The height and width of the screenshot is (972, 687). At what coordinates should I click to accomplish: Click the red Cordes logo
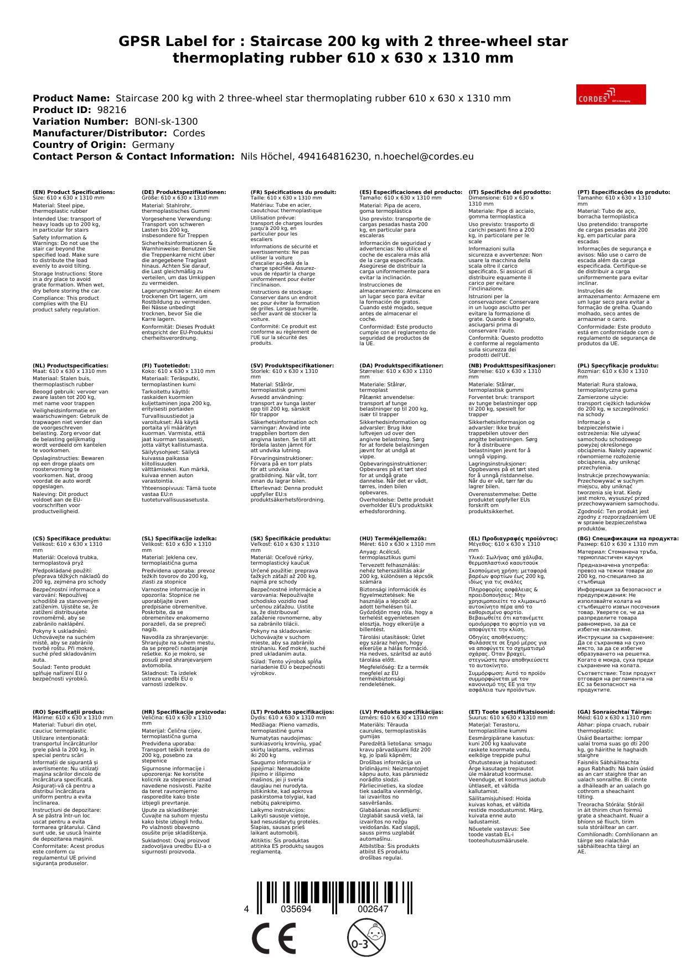611,94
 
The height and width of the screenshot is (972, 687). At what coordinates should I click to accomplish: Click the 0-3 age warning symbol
366,938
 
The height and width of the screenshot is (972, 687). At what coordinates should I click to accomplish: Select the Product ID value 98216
111,110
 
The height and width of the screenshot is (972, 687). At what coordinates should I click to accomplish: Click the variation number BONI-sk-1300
166,121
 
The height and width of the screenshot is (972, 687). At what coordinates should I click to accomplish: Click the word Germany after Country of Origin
153,145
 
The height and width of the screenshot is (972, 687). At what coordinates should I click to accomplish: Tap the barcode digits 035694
296,909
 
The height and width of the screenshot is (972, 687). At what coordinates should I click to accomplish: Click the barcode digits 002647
373,909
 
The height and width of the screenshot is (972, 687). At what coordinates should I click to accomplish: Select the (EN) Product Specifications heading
74,192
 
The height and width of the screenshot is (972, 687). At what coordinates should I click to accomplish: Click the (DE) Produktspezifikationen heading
184,192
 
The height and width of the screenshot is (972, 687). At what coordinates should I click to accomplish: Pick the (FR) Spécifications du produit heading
293,192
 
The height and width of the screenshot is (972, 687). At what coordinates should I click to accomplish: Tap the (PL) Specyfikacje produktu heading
618,366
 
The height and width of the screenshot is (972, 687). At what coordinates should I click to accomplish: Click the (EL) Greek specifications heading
513,538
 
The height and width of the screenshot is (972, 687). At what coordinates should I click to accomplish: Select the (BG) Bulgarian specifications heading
628,538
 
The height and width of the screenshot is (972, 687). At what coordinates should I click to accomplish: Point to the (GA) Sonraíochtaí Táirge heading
614,712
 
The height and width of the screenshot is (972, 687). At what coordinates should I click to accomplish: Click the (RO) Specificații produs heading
68,712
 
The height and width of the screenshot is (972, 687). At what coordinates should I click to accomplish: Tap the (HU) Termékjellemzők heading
393,538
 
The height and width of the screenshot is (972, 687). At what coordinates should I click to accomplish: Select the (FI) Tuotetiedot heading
166,366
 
